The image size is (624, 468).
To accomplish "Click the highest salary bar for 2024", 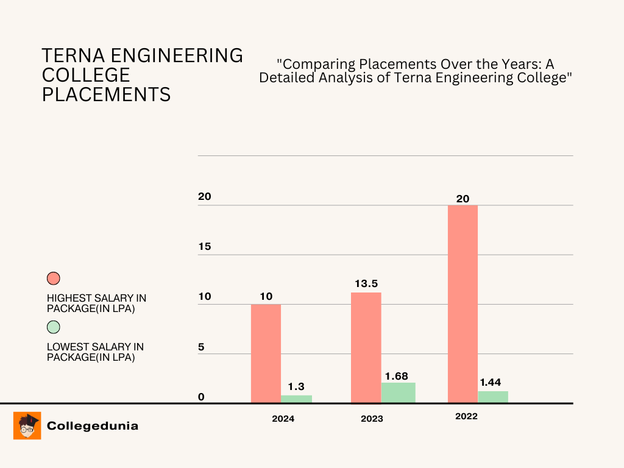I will point(266,353).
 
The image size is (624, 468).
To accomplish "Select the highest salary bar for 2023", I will point(366,347).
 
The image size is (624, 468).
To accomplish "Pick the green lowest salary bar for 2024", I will point(296,399).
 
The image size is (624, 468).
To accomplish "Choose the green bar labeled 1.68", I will point(398,392).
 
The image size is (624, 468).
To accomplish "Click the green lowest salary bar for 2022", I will point(493,396).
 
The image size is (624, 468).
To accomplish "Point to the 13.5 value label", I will point(366,284).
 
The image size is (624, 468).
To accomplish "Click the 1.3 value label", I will point(296,386).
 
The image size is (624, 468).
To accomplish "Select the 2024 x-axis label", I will point(283,419).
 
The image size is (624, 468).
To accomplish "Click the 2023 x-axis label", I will point(372,419).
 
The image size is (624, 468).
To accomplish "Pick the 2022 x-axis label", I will point(466,417).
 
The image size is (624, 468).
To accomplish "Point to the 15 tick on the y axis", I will point(204,247).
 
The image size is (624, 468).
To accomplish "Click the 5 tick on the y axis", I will point(201,347).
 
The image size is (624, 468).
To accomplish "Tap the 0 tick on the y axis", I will point(201,397).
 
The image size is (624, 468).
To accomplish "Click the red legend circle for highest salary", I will point(54,278).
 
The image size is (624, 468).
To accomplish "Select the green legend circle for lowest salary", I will point(54,327).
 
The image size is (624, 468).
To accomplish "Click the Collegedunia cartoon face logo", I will point(27,425).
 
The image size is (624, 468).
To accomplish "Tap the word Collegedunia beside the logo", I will point(93,426).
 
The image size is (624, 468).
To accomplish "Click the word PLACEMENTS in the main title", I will point(106,94).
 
